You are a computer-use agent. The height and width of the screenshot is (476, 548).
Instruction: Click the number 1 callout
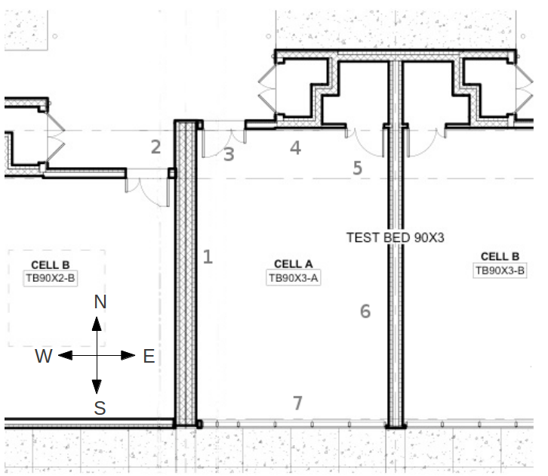click(208, 257)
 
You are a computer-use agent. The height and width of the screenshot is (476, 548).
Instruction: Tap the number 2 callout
click(155, 147)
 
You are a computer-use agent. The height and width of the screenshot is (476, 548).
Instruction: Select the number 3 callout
click(229, 155)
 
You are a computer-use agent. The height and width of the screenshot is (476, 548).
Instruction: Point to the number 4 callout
click(296, 148)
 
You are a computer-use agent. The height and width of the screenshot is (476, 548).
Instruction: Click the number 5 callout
click(358, 168)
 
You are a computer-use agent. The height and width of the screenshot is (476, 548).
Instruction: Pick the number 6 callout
click(365, 311)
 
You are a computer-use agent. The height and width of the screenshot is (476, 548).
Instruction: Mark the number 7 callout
click(297, 403)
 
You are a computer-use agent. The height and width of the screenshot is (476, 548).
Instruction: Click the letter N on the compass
click(100, 302)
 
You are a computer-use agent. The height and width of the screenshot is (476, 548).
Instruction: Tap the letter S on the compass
click(100, 409)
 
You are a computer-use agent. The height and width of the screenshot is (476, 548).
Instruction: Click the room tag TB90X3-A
click(294, 278)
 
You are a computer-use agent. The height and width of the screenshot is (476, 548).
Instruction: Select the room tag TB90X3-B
click(500, 270)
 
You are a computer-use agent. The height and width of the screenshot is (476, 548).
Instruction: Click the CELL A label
click(293, 264)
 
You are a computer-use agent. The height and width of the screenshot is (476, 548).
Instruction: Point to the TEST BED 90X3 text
click(396, 237)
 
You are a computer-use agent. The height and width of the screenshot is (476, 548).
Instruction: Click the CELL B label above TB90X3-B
click(500, 257)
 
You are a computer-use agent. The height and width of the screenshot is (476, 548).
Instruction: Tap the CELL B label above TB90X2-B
click(51, 265)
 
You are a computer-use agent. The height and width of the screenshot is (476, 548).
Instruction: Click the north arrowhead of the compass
click(97, 324)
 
